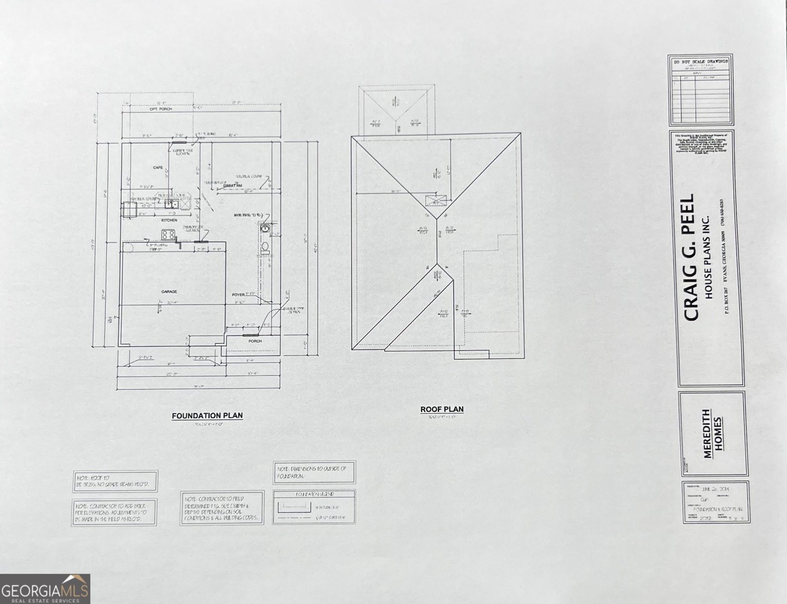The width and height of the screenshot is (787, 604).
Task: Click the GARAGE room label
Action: coord(169,291)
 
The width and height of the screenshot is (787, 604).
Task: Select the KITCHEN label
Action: coord(169,220)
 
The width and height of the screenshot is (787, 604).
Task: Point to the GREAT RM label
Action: coord(232,186)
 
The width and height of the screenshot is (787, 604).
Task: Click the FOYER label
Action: coord(238,294)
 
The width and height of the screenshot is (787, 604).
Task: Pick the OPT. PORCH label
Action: coord(161,109)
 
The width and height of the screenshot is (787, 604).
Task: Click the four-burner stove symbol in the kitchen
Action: coord(168,234)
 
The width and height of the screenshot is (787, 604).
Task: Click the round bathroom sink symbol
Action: coord(265,230)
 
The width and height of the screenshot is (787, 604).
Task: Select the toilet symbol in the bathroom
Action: coord(265,247)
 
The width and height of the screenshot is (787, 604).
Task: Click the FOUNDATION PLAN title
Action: coord(207,416)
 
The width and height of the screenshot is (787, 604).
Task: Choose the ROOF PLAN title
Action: coord(442,409)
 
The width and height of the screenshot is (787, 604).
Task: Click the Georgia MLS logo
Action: coord(45,589)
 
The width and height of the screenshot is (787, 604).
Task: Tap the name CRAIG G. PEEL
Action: coord(690,258)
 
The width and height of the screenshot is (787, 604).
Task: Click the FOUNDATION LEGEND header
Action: coord(314,494)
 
